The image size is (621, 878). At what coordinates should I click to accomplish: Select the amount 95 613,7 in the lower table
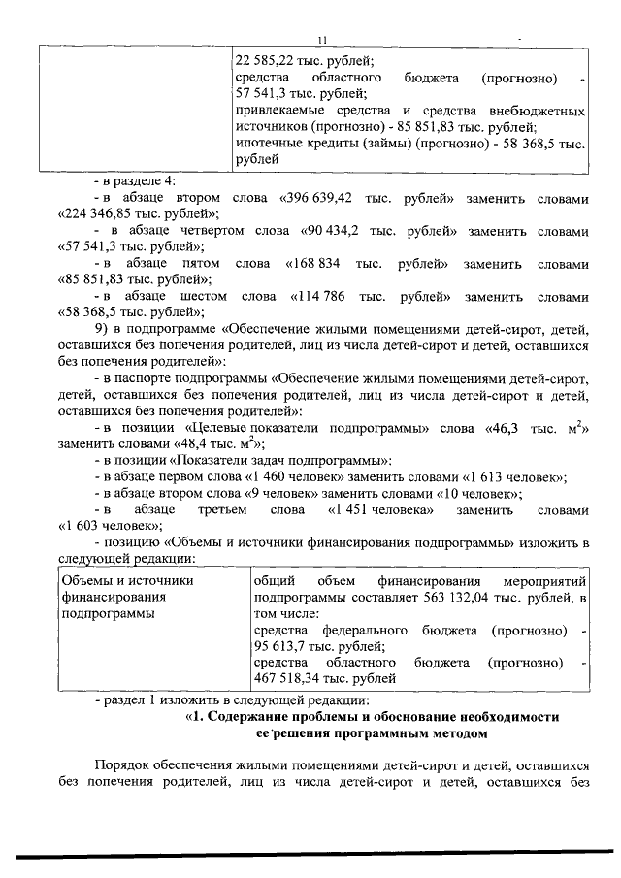[281, 647]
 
